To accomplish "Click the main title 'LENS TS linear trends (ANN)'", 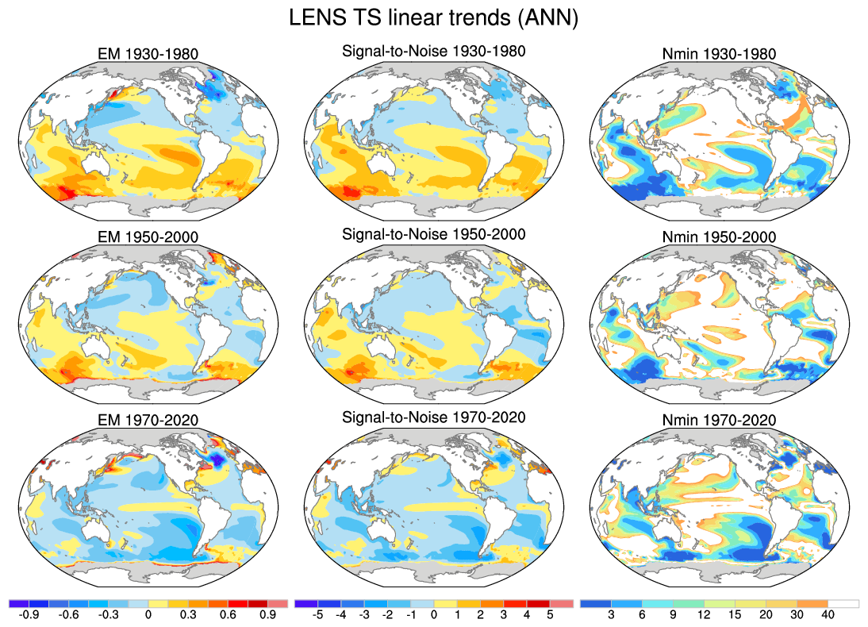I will point(433,18).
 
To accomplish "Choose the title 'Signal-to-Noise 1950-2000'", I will point(433,234).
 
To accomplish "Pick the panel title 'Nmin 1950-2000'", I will point(718,238).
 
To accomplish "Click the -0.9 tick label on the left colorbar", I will point(29,614).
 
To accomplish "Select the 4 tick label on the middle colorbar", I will point(526,614).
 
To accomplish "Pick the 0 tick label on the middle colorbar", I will point(433,614).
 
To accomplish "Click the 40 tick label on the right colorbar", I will point(828,614).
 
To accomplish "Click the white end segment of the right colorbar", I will point(843,603).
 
